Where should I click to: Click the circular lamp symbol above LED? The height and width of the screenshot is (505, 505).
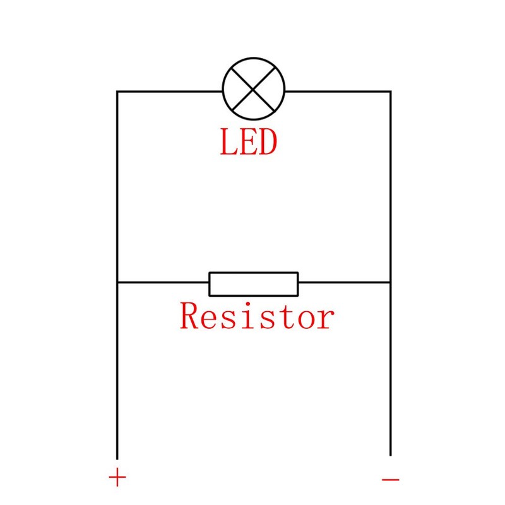coord(254,88)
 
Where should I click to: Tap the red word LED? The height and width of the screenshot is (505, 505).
coord(248,142)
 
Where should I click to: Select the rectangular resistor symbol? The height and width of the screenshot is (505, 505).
coord(254,283)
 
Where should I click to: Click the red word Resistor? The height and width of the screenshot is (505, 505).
coord(256,316)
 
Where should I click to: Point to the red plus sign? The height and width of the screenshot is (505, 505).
coord(117,478)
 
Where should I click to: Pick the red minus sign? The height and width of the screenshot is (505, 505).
coord(391,479)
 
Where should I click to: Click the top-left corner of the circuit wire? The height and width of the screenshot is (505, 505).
coord(117,92)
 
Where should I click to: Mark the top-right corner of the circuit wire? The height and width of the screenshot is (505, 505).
coord(390,92)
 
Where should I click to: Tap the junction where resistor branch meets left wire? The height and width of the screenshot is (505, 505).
coord(117,283)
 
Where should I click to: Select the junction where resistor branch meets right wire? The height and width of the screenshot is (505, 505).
coord(390,283)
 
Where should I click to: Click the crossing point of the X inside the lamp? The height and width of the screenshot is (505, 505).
coord(254,89)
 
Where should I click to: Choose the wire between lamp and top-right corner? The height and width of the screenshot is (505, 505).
coord(338,92)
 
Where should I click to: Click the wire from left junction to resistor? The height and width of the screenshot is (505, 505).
coord(163,283)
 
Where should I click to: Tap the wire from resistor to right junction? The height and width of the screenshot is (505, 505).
coord(344,283)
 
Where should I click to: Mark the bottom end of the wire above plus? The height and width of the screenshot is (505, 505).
coord(117,458)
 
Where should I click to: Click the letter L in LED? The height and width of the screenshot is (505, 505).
coord(228,142)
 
